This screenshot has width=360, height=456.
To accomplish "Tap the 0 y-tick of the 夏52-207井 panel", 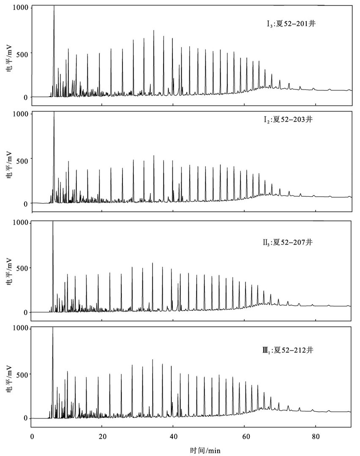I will pos(26,312).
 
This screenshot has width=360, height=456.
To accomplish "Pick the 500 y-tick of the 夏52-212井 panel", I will pos(23,374).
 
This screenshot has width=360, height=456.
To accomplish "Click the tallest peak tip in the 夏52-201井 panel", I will pos(54,6).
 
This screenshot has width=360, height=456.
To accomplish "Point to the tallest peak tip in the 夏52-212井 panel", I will pos(53,328).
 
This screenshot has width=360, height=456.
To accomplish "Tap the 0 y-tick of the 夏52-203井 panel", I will pos(26,204).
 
